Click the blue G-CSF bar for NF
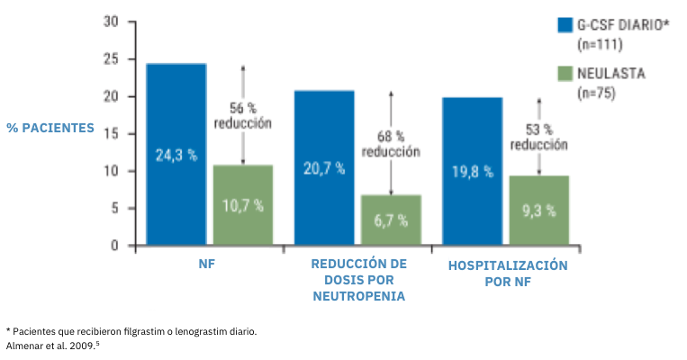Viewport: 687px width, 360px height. [176, 154]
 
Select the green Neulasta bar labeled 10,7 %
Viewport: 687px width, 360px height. [242, 204]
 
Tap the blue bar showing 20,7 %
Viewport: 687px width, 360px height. [323, 167]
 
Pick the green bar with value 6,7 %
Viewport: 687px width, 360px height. [390, 220]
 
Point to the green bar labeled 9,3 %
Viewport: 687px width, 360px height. [538, 210]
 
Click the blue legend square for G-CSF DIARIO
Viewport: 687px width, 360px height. [565, 25]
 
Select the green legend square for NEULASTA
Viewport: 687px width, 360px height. [565, 73]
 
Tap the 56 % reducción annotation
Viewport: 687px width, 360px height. [242, 115]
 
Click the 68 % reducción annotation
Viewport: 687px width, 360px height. [391, 144]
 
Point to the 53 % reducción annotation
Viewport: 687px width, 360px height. [539, 137]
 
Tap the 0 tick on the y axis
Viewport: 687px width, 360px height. [115, 245]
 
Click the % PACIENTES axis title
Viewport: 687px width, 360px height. [50, 128]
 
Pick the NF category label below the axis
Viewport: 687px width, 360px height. [208, 265]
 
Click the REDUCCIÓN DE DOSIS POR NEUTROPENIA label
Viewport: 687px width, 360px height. [357, 280]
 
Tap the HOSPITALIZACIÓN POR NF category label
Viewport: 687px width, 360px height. [507, 273]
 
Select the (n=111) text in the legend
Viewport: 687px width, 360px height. [595, 43]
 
